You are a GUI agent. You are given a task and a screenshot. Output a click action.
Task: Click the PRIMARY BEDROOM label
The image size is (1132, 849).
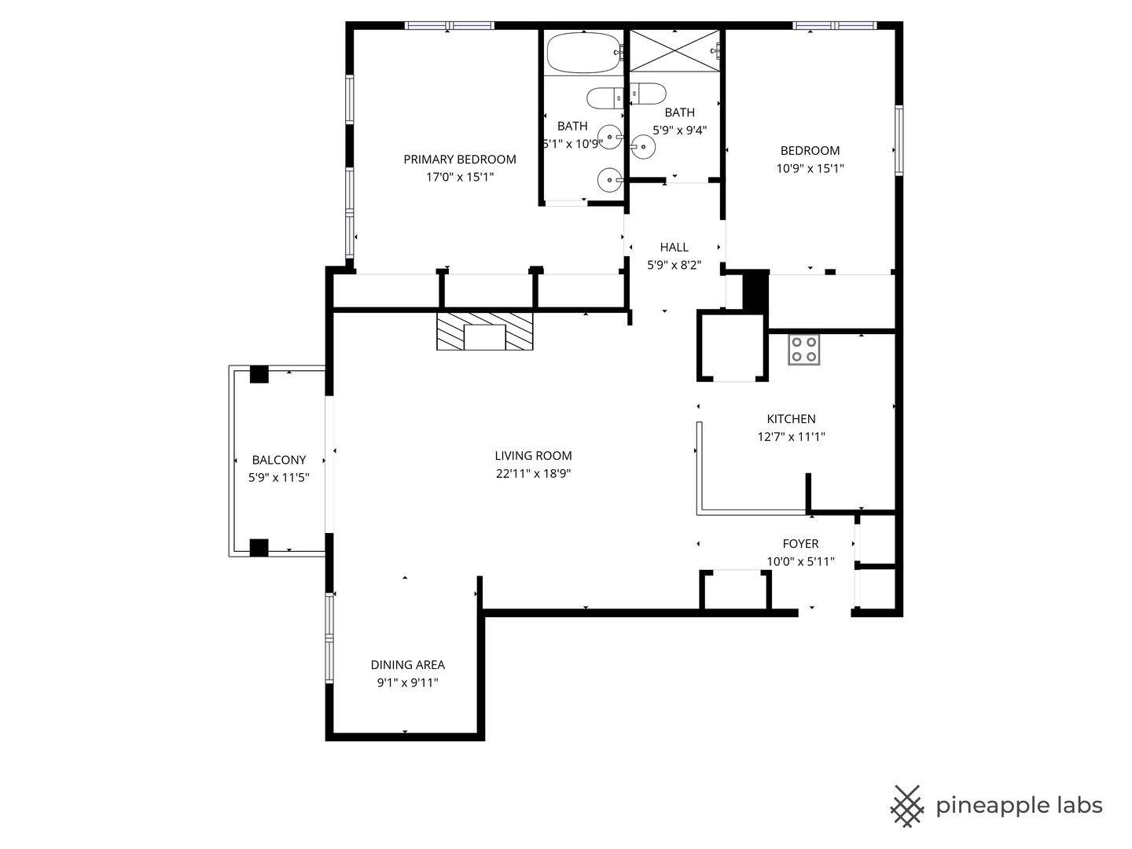[460, 160]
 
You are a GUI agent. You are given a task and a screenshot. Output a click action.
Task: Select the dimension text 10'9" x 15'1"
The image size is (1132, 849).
[810, 168]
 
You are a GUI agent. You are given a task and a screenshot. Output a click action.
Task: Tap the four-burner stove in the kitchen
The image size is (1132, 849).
[803, 350]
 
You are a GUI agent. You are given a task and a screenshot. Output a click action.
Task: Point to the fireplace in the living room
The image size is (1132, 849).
[485, 332]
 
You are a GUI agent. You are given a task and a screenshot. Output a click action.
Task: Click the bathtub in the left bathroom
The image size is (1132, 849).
[583, 53]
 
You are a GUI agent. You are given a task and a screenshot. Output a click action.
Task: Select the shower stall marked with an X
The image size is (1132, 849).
[674, 50]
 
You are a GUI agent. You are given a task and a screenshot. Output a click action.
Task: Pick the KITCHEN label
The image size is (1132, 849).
[791, 419]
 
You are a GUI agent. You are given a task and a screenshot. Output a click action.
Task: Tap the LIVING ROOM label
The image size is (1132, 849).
[533, 456]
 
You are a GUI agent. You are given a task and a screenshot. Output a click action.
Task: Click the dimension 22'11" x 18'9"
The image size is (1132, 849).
[533, 473]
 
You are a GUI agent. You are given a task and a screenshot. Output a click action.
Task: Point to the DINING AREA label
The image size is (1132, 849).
[407, 665]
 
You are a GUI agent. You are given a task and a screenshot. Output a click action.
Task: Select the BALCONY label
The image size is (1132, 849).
[278, 461]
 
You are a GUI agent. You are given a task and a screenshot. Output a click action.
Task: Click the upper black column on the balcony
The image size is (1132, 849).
[259, 374]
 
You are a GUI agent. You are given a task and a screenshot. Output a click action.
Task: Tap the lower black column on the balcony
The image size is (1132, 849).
[259, 547]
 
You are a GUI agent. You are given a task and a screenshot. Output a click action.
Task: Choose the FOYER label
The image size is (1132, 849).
[800, 544]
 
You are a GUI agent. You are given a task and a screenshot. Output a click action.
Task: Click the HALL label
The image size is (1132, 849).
[674, 248]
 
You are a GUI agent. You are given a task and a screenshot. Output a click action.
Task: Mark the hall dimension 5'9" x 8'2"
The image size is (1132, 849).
[674, 266]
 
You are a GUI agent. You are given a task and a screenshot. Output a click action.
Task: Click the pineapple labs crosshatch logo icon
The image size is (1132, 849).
[906, 806]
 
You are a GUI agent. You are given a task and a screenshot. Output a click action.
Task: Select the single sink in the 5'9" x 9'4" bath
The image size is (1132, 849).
[643, 145]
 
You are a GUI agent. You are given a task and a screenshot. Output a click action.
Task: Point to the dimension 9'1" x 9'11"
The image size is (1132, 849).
[407, 682]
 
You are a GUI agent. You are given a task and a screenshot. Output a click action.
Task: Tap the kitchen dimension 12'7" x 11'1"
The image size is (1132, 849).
[791, 437]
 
